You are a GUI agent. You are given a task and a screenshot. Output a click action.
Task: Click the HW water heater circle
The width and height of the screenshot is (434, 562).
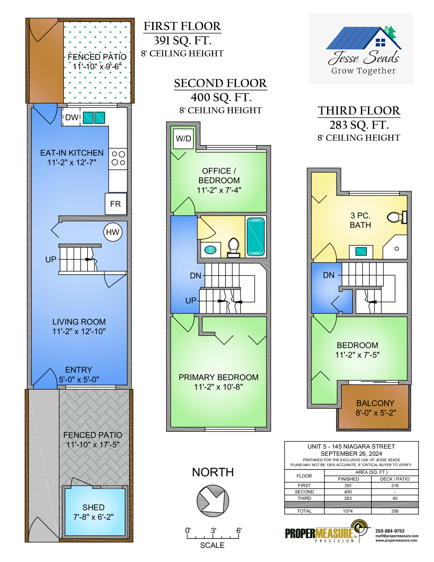(x=113, y=232)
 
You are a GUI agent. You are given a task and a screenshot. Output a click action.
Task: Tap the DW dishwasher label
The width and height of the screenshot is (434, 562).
(x=72, y=117)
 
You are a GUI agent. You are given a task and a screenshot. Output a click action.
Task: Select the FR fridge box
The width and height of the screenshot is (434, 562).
(x=116, y=204)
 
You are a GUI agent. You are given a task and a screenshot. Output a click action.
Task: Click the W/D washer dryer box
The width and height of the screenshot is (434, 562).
(x=183, y=139)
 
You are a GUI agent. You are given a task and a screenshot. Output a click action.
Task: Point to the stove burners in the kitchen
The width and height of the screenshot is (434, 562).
(x=118, y=158)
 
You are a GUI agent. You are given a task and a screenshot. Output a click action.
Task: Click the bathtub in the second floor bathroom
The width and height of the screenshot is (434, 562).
(x=256, y=237)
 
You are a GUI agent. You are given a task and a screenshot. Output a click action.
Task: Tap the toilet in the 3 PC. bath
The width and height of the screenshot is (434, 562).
(x=397, y=217)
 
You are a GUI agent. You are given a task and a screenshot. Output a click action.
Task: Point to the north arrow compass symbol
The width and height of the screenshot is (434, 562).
(x=213, y=501)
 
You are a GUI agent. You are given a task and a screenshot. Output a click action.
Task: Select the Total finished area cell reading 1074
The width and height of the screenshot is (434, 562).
(x=348, y=511)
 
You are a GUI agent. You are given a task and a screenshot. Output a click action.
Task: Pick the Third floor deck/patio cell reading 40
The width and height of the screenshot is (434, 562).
(x=395, y=498)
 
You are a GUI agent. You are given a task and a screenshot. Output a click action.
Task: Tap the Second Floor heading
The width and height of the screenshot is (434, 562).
(x=221, y=83)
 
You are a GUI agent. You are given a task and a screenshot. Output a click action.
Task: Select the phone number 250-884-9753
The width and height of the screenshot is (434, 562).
(x=390, y=531)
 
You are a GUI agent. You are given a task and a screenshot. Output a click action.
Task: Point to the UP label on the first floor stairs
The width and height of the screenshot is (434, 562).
(x=51, y=259)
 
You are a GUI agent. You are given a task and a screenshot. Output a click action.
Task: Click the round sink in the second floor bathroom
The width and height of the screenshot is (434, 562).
(x=210, y=249)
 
